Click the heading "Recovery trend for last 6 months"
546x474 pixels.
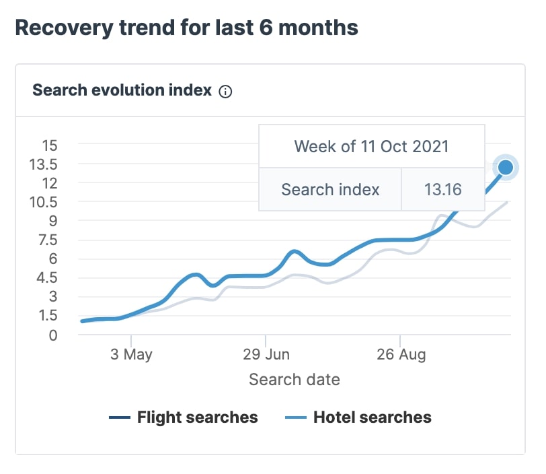[186, 28]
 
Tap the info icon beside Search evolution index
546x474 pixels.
[226, 92]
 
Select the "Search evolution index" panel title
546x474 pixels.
[122, 90]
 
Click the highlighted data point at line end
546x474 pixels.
[506, 167]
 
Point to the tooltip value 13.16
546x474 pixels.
[442, 189]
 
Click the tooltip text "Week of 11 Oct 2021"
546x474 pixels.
[371, 146]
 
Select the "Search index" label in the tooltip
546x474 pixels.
[330, 189]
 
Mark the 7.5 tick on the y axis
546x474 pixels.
[50, 240]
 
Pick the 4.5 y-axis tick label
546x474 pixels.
[50, 277]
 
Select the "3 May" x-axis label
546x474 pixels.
[132, 355]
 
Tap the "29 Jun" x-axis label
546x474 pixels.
[266, 355]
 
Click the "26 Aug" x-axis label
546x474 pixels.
[401, 355]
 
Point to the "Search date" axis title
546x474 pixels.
[295, 379]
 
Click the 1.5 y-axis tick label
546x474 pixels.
[50, 316]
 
